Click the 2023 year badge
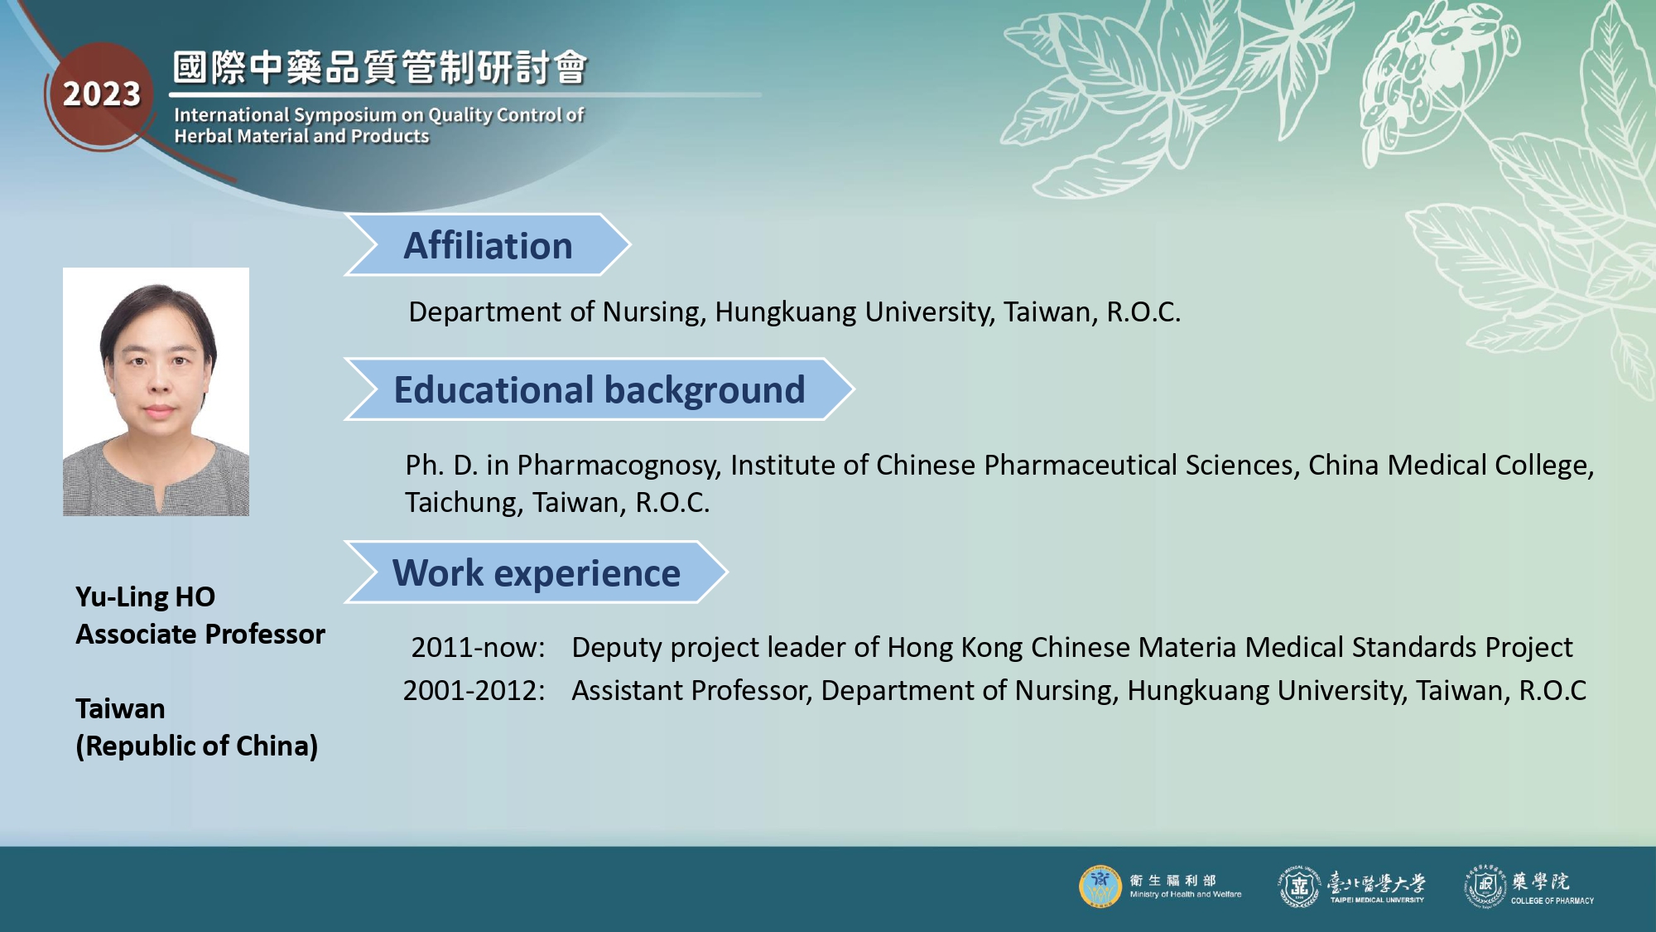[102, 94]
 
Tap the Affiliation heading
[488, 246]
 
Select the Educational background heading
[599, 390]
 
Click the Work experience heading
[537, 573]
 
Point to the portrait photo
[156, 392]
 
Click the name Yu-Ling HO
[146, 596]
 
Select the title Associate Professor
[200, 634]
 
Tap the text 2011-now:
[479, 647]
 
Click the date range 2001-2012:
[474, 690]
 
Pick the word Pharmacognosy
[617, 466]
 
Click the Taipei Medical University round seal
[1299, 886]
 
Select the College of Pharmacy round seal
[1485, 886]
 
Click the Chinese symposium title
[380, 67]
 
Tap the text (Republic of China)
[197, 746]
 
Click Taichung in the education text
[465, 503]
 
